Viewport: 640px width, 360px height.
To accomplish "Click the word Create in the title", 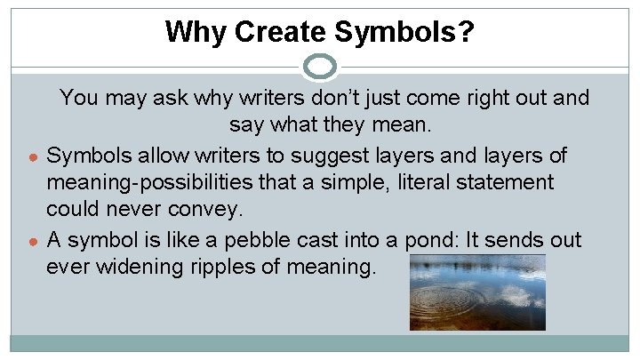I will point(268,33).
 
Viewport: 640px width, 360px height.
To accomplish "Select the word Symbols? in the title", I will point(404,33).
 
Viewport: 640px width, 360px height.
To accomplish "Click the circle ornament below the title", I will point(320,66).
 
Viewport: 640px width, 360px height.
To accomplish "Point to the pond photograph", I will point(477,292).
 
